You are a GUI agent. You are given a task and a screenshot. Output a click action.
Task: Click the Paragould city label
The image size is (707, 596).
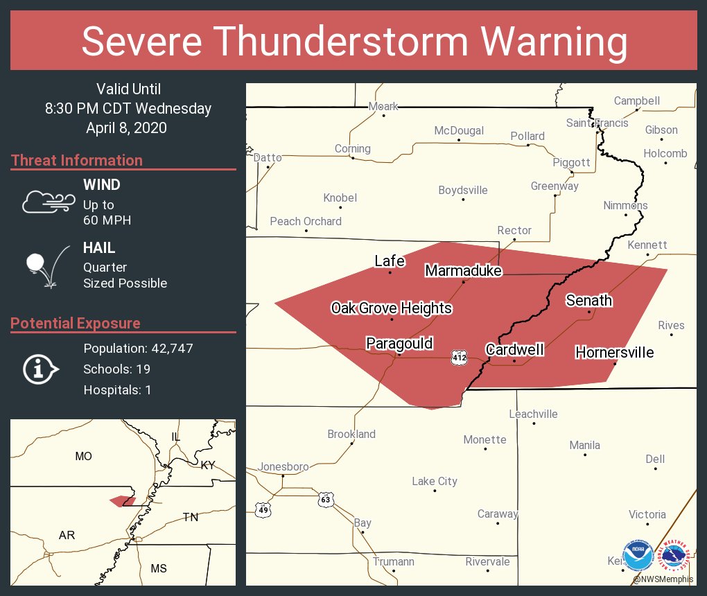pyautogui.click(x=399, y=344)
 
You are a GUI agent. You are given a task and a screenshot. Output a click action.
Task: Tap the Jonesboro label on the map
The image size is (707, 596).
pyautogui.click(x=283, y=467)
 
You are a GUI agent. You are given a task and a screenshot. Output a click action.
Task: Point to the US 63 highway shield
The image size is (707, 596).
pyautogui.click(x=326, y=499)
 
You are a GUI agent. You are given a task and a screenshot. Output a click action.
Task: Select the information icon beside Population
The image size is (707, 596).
pyautogui.click(x=41, y=369)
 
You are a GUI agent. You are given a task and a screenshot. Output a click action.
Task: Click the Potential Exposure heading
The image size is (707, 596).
pyautogui.click(x=75, y=324)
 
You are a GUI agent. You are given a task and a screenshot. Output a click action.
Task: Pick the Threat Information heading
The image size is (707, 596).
pyautogui.click(x=76, y=161)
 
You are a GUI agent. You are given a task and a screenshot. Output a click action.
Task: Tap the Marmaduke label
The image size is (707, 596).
pyautogui.click(x=463, y=271)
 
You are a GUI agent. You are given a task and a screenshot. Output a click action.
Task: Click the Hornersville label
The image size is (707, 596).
pyautogui.click(x=614, y=353)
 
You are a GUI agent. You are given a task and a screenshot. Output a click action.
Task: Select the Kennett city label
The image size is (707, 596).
pyautogui.click(x=647, y=245)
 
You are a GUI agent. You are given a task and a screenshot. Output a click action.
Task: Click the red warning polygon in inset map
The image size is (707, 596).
pyautogui.click(x=122, y=500)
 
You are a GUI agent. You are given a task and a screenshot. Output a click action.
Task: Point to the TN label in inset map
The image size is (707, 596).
pyautogui.click(x=190, y=517)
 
